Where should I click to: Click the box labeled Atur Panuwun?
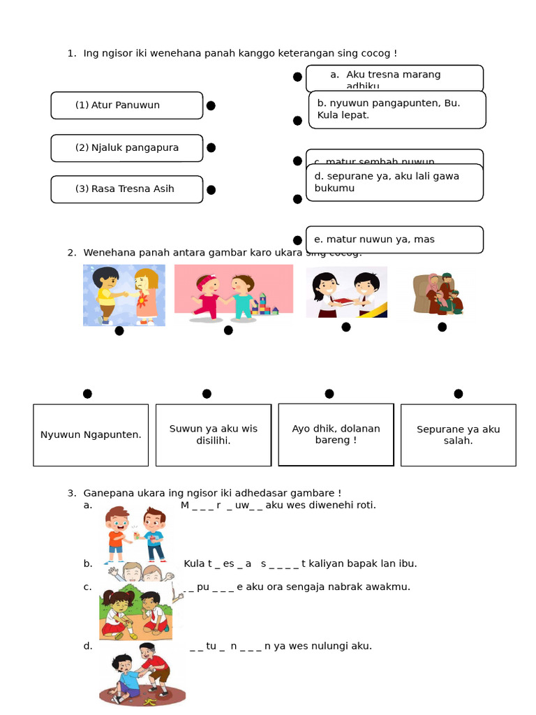pos(126,105)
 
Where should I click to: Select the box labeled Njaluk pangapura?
pos(126,148)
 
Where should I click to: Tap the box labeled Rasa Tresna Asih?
pos(126,189)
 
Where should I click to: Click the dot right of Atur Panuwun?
pos(211,105)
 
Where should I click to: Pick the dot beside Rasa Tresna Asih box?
pos(211,190)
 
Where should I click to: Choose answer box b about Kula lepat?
pos(396,110)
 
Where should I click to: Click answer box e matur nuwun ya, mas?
pos(394,239)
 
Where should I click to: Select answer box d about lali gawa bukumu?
pos(394,182)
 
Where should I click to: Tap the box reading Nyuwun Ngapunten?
pos(91,435)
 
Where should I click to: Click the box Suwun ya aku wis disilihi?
pos(214,435)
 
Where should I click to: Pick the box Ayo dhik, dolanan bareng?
pos(336,434)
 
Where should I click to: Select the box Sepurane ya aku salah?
pos(458,435)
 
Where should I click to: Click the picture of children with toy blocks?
pos(233,293)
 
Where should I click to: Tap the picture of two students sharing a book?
pos(347,292)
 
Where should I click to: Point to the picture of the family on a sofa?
pos(438,294)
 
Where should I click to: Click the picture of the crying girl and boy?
pos(124,295)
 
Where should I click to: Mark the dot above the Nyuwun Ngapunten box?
pos(87,394)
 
